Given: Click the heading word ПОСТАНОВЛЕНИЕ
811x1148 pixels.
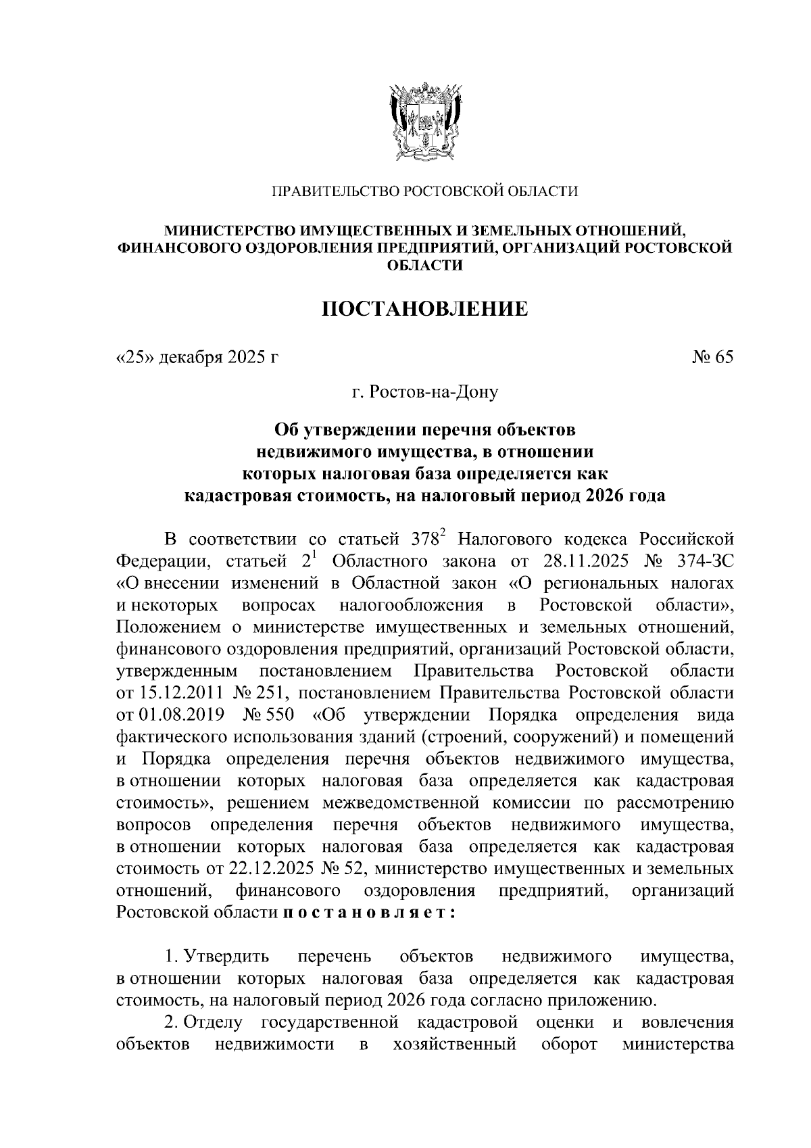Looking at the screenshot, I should coord(424,309).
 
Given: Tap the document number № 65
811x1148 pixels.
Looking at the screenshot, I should coord(712,357).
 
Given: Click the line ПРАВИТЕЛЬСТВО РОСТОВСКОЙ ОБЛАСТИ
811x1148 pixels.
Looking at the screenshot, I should coord(424,191).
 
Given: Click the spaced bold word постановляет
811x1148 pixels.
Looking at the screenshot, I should coord(368,913).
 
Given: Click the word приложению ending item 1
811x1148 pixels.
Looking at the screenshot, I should coord(604,1001).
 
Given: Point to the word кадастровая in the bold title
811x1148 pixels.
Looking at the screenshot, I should coord(237,496).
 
